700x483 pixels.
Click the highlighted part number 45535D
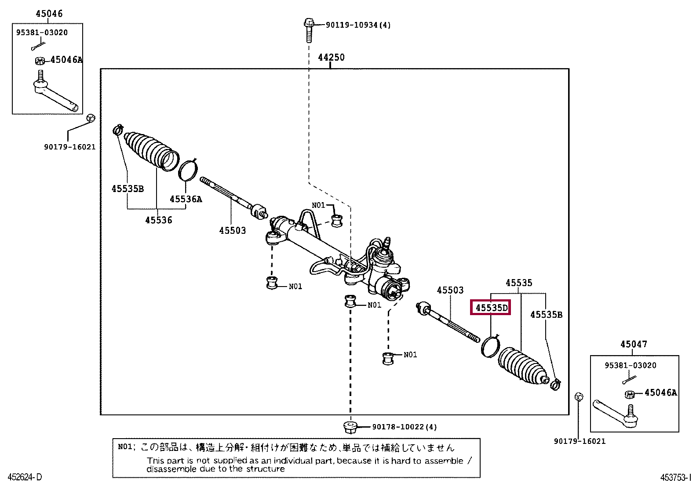click(x=491, y=308)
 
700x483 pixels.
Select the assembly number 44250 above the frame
click(x=331, y=58)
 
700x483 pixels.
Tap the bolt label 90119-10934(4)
click(x=358, y=25)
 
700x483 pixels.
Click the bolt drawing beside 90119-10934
click(x=309, y=29)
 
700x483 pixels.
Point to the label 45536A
click(x=186, y=199)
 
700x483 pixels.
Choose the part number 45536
click(x=158, y=220)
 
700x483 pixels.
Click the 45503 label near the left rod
click(x=232, y=230)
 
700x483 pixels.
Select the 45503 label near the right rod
click(x=450, y=290)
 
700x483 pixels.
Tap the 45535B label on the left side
click(x=128, y=189)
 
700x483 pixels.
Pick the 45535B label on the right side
click(x=546, y=315)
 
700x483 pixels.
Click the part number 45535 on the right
click(x=519, y=283)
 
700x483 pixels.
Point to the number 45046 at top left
click(x=49, y=14)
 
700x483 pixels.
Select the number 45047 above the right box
click(x=634, y=345)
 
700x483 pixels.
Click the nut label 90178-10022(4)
click(x=404, y=427)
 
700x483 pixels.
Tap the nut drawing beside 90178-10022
click(x=350, y=426)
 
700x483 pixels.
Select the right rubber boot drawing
click(x=523, y=365)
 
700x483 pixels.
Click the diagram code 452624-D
click(x=25, y=477)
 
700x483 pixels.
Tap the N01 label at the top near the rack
click(x=318, y=205)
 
